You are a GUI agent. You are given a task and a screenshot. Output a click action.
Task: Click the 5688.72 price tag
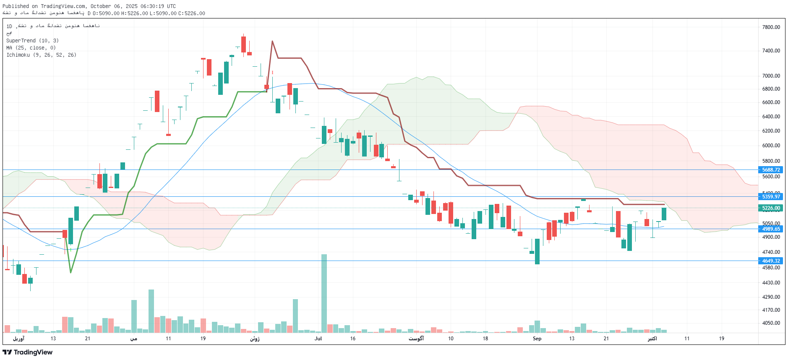[770, 170]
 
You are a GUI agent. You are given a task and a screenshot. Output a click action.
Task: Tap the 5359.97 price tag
[770, 197]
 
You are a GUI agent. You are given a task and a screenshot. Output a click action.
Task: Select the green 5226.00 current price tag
[770, 208]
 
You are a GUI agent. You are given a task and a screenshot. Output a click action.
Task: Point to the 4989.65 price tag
[770, 229]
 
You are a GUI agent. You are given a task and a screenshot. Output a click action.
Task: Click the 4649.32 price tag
[770, 261]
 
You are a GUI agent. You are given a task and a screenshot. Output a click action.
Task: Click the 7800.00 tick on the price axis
[771, 27]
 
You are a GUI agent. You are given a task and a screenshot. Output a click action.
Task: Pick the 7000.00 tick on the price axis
[771, 76]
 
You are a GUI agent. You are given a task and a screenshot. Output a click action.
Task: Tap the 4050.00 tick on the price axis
[771, 323]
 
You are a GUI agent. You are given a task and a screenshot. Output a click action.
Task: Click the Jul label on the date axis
[318, 339]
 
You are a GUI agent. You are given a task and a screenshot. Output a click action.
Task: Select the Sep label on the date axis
[537, 339]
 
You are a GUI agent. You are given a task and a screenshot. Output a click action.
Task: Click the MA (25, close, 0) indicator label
[31, 48]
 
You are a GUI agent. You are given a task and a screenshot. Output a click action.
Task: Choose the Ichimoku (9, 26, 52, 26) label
[41, 55]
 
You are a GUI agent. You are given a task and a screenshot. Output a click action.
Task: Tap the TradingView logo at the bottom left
[28, 352]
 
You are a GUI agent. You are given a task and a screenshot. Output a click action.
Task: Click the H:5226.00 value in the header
[134, 13]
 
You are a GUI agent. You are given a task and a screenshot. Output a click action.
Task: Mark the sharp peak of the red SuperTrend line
[272, 41]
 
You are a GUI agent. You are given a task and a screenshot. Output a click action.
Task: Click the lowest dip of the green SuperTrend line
[70, 273]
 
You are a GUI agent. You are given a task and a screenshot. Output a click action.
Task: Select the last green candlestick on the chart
[664, 214]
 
